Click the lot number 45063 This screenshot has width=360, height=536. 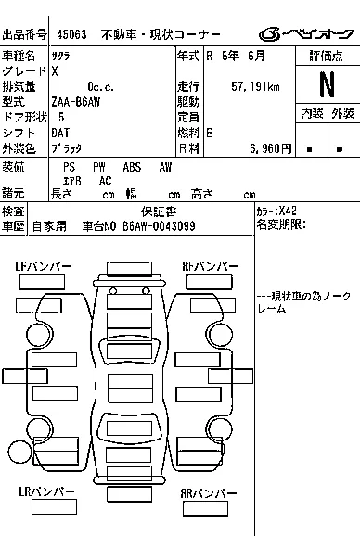point(71,34)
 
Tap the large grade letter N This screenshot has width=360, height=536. point(327,84)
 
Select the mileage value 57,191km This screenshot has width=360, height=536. point(255,87)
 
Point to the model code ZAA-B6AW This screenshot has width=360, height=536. point(76,102)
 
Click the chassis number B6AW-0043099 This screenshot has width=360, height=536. point(159,226)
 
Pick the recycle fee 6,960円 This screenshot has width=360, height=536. point(270,148)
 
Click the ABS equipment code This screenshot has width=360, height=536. point(132,167)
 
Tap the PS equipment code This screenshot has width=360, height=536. point(69,167)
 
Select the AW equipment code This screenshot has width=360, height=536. point(165,167)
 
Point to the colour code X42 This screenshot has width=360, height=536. point(288,211)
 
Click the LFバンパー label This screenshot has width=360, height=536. point(44,266)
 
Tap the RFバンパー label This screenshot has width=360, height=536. point(211,266)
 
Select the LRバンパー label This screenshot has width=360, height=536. point(46,491)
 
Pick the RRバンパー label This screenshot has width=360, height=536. point(209,493)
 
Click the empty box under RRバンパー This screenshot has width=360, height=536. point(205,508)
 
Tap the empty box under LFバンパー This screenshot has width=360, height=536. point(42,282)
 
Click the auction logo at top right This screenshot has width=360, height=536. point(306,34)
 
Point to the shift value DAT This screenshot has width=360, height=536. point(60,133)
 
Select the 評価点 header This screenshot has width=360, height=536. point(327,56)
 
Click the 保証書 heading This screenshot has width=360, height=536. point(159,212)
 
